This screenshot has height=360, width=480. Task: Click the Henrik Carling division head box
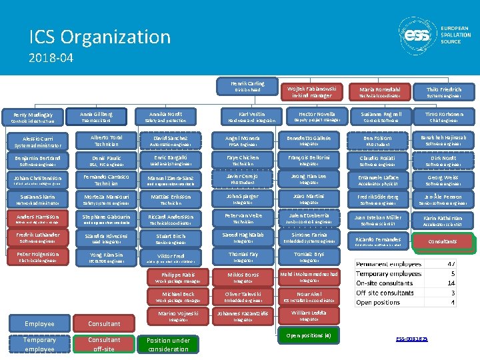(x=247, y=87)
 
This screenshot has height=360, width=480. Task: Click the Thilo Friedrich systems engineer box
(x=443, y=92)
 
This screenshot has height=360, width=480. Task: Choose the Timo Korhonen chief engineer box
(x=443, y=117)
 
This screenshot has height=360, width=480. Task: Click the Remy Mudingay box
(x=32, y=118)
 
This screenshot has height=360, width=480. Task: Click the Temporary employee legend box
(x=39, y=344)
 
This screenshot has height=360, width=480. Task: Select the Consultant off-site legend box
(x=105, y=344)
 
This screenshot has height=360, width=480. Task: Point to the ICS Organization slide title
(x=99, y=36)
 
